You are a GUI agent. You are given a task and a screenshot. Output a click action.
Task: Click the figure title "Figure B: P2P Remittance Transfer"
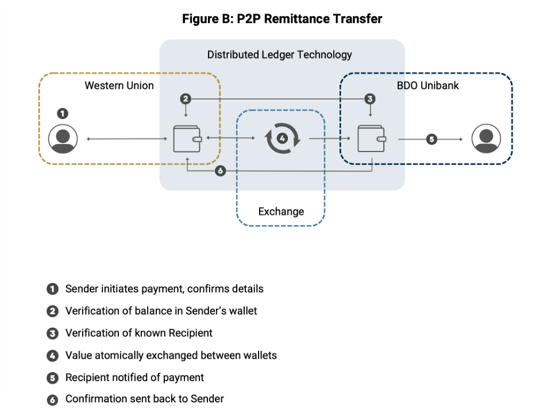[282, 19]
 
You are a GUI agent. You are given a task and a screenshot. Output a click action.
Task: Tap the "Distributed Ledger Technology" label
[279, 55]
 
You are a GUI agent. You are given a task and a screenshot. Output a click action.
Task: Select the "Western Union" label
[120, 86]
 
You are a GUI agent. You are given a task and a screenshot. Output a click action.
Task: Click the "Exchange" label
[281, 211]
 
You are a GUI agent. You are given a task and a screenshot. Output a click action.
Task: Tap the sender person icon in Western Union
[63, 139]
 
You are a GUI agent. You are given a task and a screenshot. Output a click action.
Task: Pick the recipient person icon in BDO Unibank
[486, 139]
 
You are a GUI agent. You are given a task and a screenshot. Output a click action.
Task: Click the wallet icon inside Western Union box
[187, 139]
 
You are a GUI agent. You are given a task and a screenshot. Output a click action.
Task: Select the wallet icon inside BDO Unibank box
[371, 139]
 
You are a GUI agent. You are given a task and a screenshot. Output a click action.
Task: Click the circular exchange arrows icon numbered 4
[282, 139]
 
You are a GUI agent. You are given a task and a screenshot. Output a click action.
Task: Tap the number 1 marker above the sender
[63, 114]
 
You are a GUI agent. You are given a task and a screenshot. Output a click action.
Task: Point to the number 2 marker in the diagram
[185, 99]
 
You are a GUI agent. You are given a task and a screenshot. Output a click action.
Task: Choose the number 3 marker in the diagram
[370, 99]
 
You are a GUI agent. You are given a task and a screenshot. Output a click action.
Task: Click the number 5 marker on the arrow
[431, 139]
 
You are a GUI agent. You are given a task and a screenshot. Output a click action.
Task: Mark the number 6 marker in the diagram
[220, 170]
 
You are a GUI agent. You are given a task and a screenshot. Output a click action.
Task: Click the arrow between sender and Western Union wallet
[127, 139]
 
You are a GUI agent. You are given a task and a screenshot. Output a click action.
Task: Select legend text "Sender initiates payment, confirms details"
[164, 289]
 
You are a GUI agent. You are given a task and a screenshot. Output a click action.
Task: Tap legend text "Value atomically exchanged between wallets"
[171, 355]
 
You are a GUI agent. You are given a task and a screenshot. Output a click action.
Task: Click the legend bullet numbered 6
[52, 400]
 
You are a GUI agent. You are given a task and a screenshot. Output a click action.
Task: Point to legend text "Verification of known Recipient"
[138, 333]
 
